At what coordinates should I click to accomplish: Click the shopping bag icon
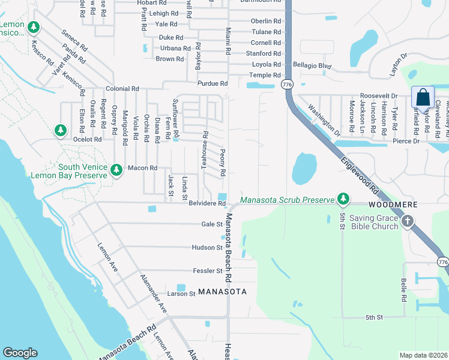pyautogui.click(x=423, y=97)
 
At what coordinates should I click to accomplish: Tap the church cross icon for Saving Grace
pyautogui.click(x=408, y=222)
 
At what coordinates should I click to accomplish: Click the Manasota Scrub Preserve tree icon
pyautogui.click(x=343, y=198)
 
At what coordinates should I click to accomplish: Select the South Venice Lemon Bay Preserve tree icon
pyautogui.click(x=116, y=171)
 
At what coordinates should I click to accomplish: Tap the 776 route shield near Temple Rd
pyautogui.click(x=286, y=85)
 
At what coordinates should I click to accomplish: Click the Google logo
pyautogui.click(x=20, y=353)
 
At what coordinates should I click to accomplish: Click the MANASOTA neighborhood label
pyautogui.click(x=222, y=292)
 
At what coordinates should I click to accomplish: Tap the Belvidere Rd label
pyautogui.click(x=207, y=204)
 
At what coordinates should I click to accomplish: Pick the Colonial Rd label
pyautogui.click(x=122, y=89)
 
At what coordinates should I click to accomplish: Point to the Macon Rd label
pyautogui.click(x=142, y=168)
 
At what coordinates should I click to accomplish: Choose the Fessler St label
pyautogui.click(x=208, y=271)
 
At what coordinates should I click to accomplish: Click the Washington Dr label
pyautogui.click(x=324, y=119)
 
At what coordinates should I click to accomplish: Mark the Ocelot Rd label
pyautogui.click(x=88, y=139)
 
